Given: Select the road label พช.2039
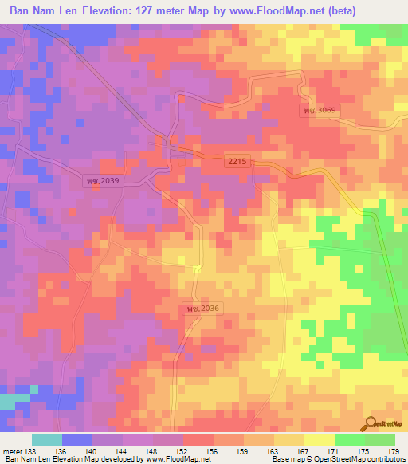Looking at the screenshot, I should point(104,181).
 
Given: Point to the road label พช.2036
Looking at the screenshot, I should point(202,308).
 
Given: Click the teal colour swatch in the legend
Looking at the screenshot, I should point(47,439).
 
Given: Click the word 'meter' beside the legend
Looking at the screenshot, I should point(13,450).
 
